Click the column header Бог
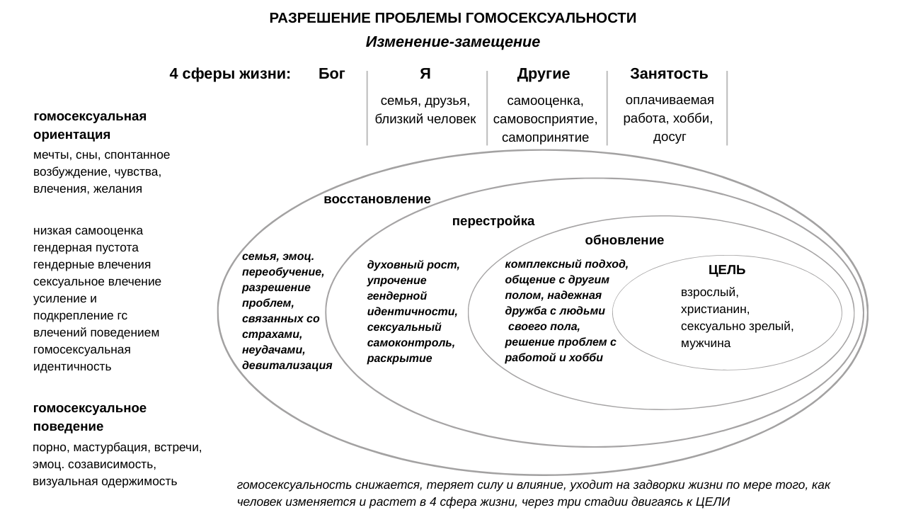pos(332,74)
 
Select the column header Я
pos(425,74)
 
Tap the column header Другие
pos(544,74)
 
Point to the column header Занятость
pos(669,74)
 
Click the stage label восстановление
pos(377,199)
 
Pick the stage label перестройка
pos(493,221)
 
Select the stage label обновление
pos(624,240)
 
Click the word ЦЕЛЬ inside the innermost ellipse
pos(727,270)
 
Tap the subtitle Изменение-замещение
pos(453,42)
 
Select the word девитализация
pos(287,365)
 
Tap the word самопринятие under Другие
pos(545,137)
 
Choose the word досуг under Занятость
pos(670,137)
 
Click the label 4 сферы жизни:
pos(231,74)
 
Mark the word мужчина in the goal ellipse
pos(706,343)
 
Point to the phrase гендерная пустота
pos(86,247)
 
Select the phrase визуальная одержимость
pos(105,482)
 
